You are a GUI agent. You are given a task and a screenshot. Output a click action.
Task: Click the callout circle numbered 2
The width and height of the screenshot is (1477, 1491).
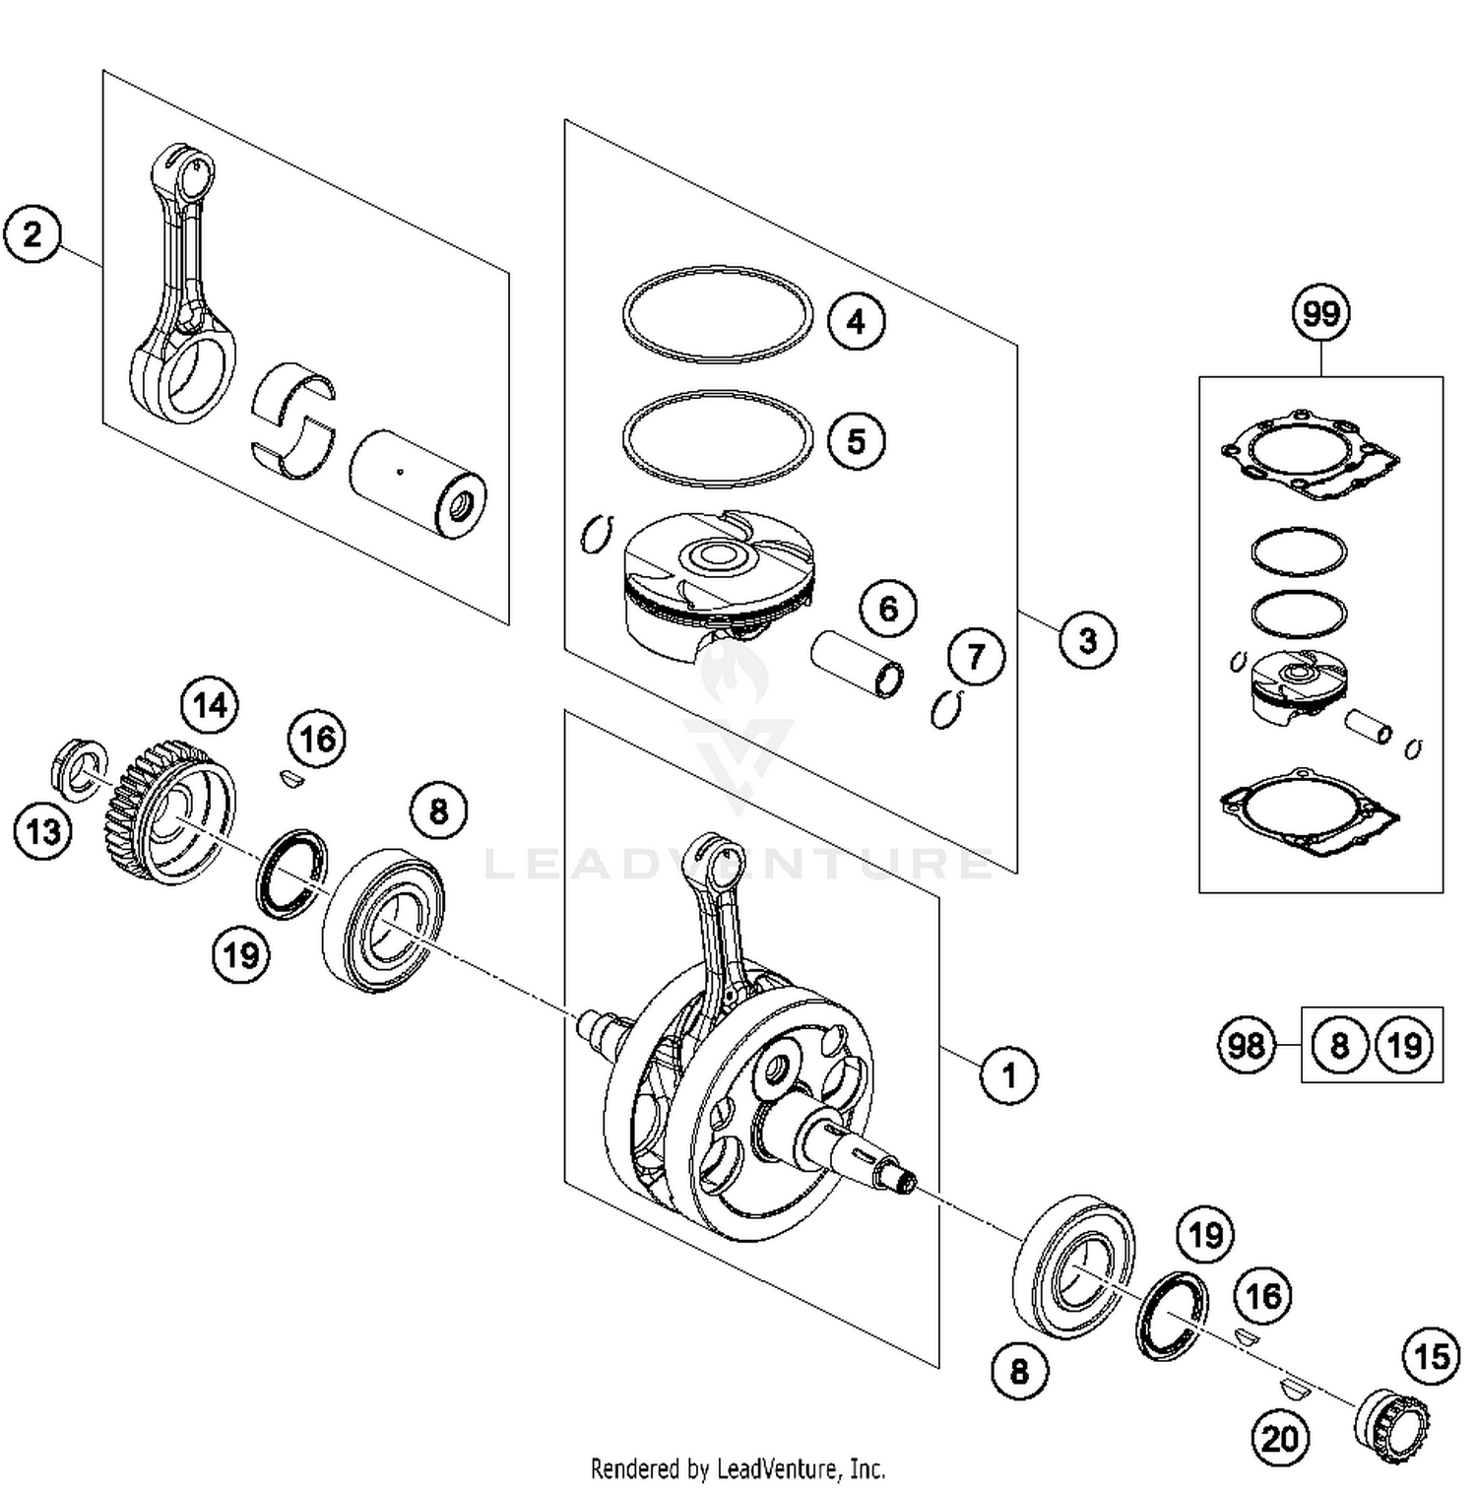(32, 235)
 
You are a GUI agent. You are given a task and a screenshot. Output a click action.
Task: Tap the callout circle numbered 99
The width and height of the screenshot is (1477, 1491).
(1320, 313)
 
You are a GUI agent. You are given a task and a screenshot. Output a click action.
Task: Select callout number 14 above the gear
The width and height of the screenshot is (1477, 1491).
(210, 705)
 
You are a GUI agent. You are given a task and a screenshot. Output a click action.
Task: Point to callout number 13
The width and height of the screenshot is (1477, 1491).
(42, 832)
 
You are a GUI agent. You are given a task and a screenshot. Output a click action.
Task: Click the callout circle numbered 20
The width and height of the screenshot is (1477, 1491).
(1280, 1439)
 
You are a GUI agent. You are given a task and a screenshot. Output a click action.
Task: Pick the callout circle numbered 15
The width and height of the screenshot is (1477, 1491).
(1431, 1357)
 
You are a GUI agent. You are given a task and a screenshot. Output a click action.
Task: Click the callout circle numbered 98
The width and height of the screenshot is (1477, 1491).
(1247, 1044)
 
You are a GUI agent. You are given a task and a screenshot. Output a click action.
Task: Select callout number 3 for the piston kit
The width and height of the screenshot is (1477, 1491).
(1087, 640)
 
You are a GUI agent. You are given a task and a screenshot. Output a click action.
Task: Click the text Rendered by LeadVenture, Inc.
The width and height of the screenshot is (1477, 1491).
(738, 1468)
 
